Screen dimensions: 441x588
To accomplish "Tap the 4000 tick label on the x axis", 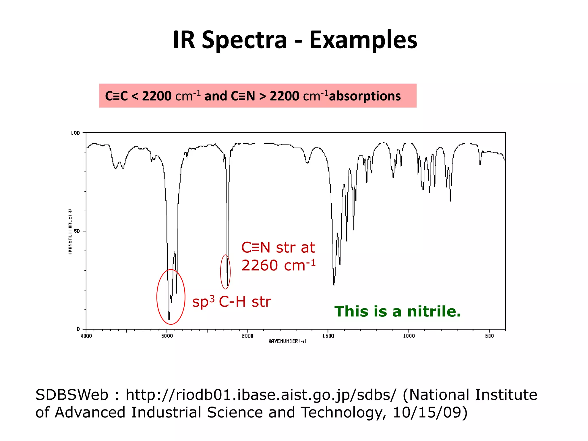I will [86, 336].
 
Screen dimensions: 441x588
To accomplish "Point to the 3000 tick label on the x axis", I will [167, 336].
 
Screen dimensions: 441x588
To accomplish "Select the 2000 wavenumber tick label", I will [247, 336].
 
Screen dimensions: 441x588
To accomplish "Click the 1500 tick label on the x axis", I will [328, 336].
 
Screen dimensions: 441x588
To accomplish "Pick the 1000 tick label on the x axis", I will [409, 336].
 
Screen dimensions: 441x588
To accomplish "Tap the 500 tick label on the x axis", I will [490, 336].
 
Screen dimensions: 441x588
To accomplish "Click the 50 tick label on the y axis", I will [76, 231].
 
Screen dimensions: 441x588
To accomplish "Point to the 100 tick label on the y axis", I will [75, 133].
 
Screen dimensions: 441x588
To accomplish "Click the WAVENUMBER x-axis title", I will [287, 341].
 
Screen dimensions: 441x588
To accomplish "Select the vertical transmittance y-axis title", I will [70, 231].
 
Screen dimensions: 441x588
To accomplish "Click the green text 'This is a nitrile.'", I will [398, 312].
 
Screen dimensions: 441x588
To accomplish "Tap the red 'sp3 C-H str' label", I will [231, 302].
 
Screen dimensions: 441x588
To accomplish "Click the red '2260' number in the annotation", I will [260, 265].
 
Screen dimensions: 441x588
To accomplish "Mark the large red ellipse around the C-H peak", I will [157, 297].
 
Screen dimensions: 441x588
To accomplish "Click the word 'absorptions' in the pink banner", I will [365, 96].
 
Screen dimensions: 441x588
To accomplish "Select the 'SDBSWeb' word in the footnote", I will [72, 395].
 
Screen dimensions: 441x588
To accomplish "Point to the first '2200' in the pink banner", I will [157, 96].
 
